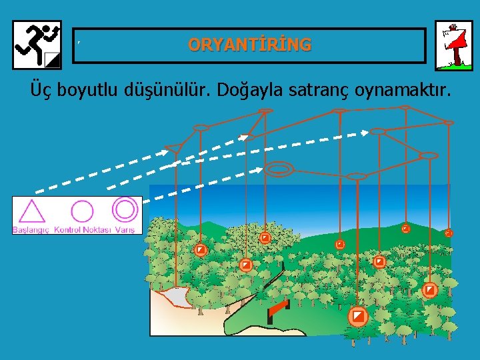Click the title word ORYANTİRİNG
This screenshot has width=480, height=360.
pos(249,45)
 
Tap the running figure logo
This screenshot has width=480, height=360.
pos(37,45)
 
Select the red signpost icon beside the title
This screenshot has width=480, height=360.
pos(453,45)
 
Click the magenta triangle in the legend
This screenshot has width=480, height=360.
pos(31,211)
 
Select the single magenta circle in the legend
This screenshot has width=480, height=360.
pos(82,211)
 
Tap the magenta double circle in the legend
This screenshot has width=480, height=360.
pos(125,209)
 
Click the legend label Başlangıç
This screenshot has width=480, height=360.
pos(31,230)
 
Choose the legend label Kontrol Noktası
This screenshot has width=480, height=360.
pos(83,230)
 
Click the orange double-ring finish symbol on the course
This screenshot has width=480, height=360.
pos(279,169)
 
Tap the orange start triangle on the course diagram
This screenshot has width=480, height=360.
pos(174,148)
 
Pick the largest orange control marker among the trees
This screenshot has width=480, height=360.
pos(358,315)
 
